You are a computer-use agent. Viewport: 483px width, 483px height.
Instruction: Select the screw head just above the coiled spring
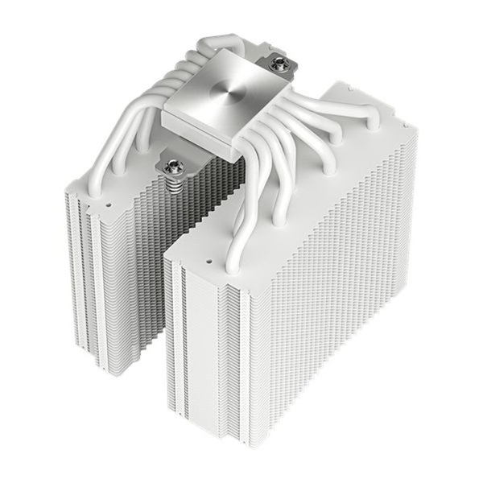coord(173,167)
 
